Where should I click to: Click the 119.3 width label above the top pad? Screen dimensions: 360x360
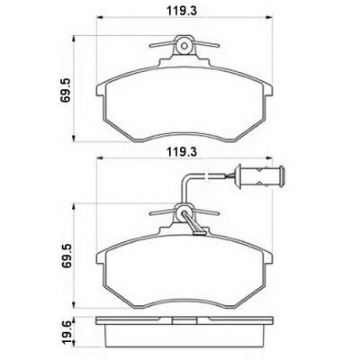point(182,11)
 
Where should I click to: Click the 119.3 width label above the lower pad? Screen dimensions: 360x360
point(182,152)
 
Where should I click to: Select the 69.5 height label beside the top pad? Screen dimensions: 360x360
point(65,90)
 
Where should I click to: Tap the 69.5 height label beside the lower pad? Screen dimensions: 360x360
point(65,256)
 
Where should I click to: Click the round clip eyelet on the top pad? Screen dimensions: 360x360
point(184,46)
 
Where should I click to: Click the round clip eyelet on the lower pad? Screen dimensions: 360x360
point(184,212)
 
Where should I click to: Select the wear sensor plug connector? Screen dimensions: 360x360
point(259,175)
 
